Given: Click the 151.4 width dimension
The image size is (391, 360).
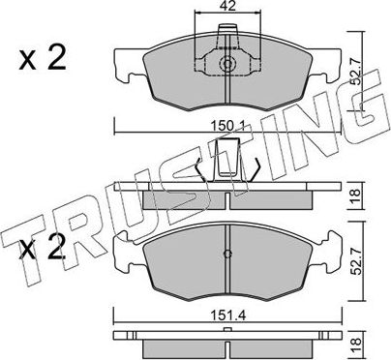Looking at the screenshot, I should point(228,314).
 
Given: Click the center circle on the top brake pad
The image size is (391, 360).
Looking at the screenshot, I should point(226,67).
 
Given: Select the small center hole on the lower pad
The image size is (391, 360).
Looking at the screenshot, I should point(226,255).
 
